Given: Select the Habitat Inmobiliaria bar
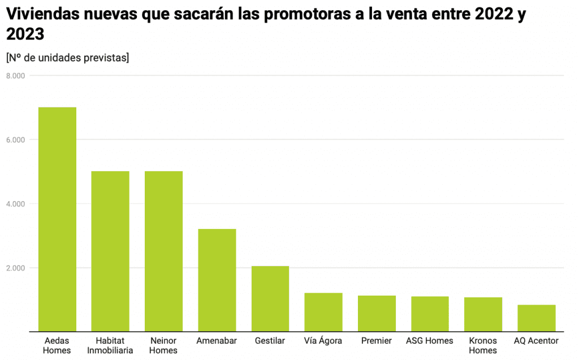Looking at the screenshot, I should tap(110, 251).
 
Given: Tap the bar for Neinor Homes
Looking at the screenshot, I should tap(163, 251).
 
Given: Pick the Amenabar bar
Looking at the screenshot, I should tap(217, 280).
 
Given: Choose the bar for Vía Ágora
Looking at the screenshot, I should tap(323, 312).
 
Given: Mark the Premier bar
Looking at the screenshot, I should tap(377, 313).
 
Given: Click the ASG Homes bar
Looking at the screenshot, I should tap(430, 314).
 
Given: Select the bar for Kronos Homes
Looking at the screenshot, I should tap(483, 314).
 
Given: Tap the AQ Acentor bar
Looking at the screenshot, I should tap(536, 318).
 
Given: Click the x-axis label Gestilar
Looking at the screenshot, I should tap(270, 341).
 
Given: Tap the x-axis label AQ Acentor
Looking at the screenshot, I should tap(536, 341).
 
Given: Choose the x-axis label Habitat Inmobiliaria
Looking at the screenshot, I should tap(110, 345).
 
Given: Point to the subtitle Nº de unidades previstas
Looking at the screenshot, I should tap(67, 57).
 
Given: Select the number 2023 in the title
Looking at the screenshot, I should tap(25, 34).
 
